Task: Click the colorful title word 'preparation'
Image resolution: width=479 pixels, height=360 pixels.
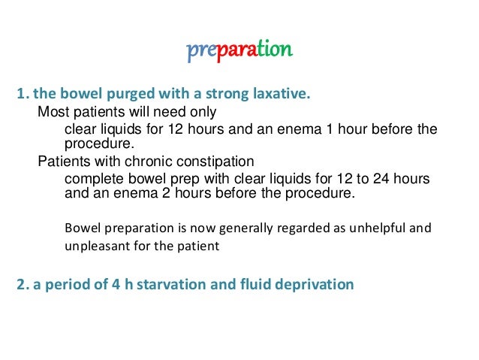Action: (x=239, y=51)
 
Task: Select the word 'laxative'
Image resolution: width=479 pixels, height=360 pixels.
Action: (x=281, y=95)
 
